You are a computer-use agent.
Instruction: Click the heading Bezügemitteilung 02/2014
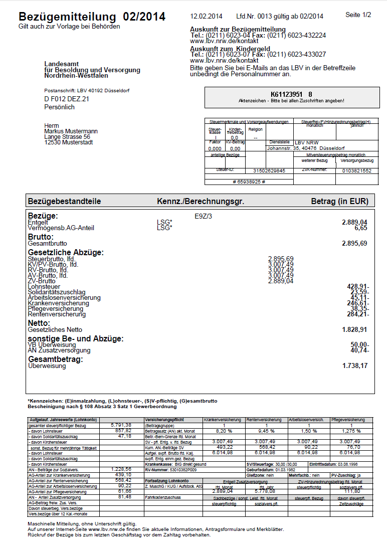92,17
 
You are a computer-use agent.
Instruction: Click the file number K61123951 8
291,94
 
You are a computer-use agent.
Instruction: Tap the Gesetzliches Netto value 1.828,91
354,329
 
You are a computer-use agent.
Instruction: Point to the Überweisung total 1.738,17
354,366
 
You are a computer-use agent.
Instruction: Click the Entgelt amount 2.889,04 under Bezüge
354,222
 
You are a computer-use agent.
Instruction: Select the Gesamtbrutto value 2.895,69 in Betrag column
354,243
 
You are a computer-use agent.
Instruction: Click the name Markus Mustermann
71,131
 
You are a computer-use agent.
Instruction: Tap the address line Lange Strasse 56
67,137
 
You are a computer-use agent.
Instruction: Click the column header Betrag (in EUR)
339,202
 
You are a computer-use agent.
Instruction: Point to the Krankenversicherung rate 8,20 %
224,431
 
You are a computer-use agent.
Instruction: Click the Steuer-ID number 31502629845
269,171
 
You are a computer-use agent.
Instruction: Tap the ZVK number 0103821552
356,171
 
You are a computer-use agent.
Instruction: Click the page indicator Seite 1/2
358,15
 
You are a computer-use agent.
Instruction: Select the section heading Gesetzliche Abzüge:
66,253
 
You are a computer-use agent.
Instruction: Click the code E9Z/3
204,216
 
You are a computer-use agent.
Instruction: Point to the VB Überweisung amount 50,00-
359,344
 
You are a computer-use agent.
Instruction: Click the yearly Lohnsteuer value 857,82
123,431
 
